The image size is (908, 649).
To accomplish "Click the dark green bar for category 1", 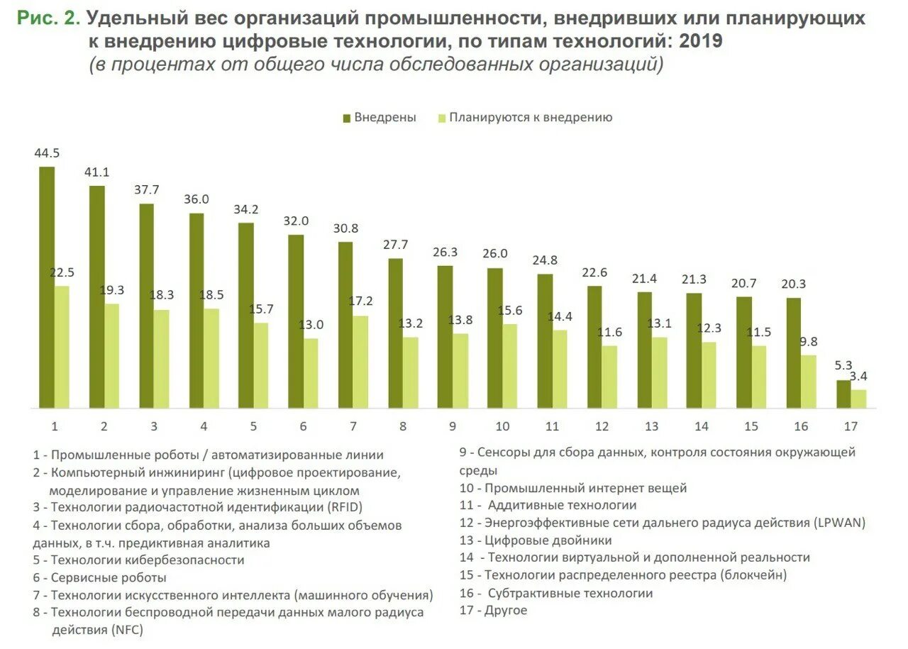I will pos(47,287).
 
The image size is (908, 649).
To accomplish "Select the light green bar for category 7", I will pos(360,362).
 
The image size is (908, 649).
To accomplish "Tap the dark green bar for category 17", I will pos(843,394).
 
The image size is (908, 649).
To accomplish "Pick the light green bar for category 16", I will pos(809,382).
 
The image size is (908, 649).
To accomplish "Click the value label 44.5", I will pos(47,153).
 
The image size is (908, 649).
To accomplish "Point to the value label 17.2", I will pos(360,301).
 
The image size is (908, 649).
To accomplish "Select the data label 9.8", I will pos(809,340).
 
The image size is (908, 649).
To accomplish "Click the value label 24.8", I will pos(545,260).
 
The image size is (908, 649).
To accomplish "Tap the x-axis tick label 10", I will pos(502,427).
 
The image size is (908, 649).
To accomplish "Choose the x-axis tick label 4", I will pos(204,427).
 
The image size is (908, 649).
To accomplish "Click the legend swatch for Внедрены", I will pos(347,118).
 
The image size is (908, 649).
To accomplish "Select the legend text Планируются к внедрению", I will pos(530,118).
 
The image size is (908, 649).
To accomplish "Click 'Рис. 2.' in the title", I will pos(48,18).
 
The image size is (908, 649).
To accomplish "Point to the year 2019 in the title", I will pos(701,41).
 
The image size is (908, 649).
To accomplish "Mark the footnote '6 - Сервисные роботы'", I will pos(99,577).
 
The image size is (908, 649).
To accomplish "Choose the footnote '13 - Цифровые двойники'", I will pos(536,540).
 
